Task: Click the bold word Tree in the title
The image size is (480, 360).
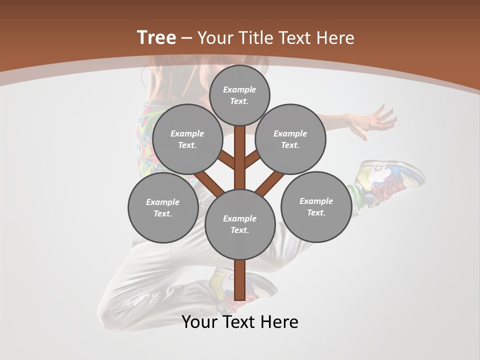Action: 156,37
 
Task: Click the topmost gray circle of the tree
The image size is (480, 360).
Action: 239,95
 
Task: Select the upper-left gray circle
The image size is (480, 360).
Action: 187,139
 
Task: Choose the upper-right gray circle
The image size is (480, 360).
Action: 290,139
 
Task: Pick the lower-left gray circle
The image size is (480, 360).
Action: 163,207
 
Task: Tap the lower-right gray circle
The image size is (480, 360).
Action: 316,206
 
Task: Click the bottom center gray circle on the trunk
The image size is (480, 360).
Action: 240,224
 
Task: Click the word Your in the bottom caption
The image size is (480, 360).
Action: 199,322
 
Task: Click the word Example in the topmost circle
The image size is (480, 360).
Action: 239,89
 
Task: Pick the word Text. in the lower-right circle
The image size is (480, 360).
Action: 316,212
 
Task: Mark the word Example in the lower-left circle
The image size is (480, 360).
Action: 163,202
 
